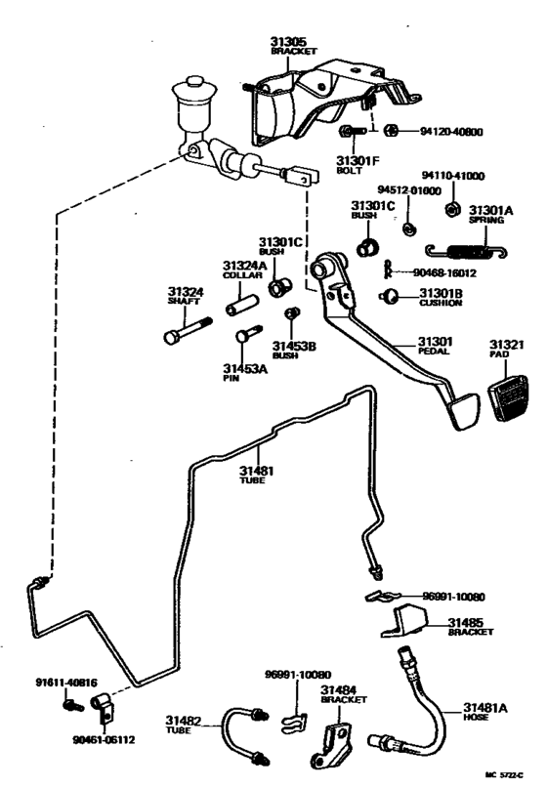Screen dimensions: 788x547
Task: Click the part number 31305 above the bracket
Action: [290, 41]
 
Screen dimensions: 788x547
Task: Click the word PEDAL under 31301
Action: [435, 352]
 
